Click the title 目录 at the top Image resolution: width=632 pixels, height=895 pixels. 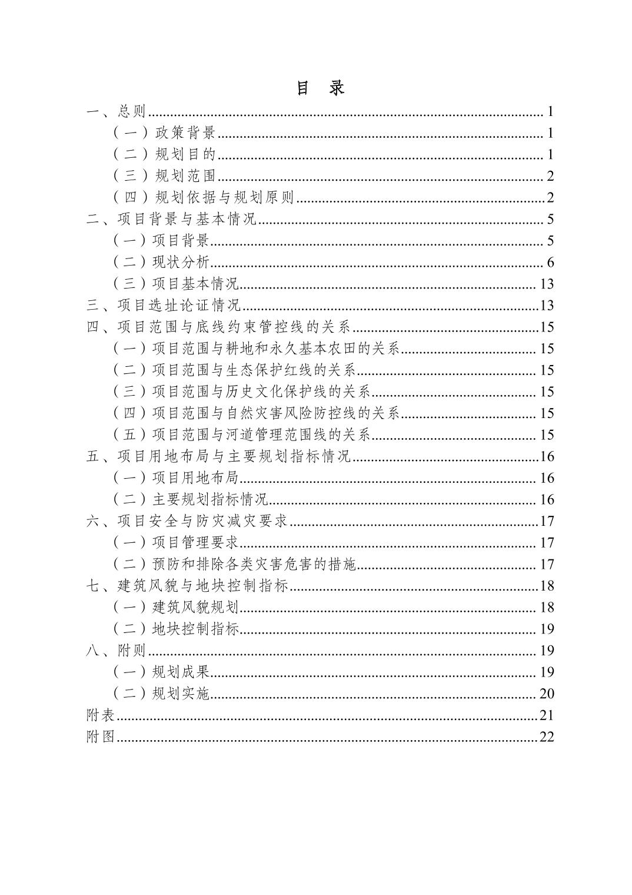(320, 88)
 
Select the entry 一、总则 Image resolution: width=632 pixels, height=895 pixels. (116, 111)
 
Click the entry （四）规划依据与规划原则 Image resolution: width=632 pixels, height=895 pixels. (203, 198)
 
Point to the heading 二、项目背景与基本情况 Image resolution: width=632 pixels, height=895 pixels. (172, 220)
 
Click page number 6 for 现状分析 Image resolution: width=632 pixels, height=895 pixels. (550, 263)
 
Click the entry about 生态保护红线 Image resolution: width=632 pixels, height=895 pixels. (234, 370)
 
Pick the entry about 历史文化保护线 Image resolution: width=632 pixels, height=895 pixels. (241, 392)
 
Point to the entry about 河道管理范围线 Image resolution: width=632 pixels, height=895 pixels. (241, 435)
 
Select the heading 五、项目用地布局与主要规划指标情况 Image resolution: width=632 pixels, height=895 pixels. (218, 457)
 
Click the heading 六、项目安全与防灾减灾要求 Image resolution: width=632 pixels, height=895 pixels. (188, 521)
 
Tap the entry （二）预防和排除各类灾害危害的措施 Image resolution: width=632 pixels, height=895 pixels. (234, 565)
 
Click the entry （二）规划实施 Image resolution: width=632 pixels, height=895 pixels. (161, 694)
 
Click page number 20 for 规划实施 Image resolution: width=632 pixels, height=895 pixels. (547, 694)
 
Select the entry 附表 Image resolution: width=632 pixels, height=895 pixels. (101, 715)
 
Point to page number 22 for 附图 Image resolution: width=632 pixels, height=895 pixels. (547, 737)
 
